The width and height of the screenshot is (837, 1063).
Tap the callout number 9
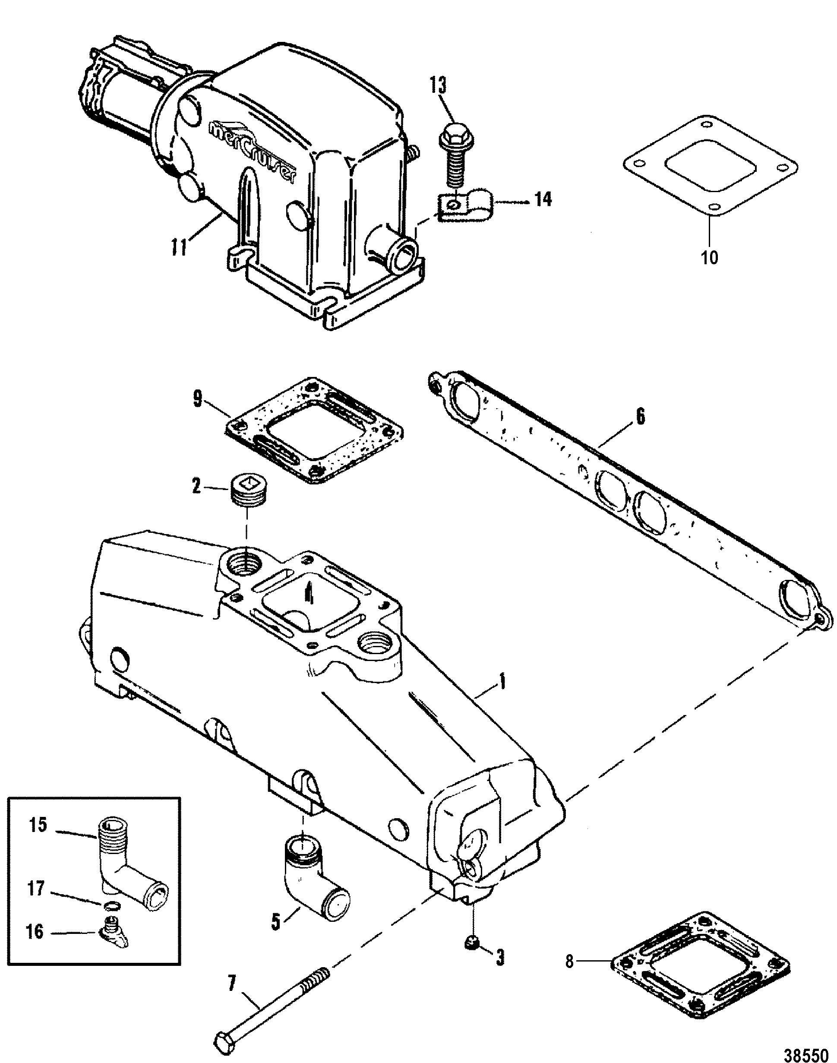197,399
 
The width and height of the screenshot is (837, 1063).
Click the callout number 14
543,199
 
